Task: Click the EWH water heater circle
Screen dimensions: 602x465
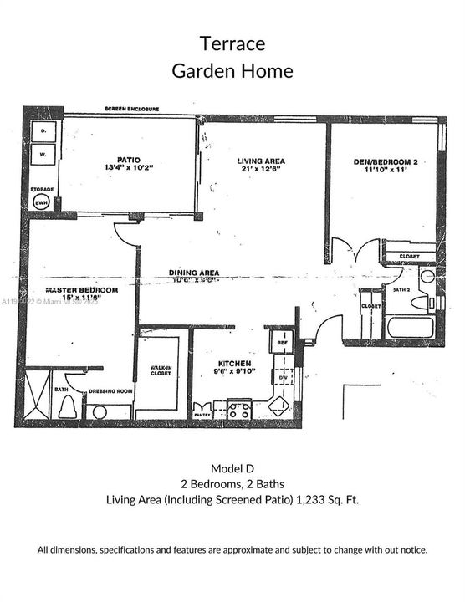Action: pyautogui.click(x=41, y=201)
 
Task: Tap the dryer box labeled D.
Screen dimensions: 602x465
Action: pyautogui.click(x=42, y=130)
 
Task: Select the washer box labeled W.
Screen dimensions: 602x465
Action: pyautogui.click(x=42, y=155)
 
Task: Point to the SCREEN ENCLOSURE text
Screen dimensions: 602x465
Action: pyautogui.click(x=132, y=110)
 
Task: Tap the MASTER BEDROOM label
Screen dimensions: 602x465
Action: pyautogui.click(x=82, y=290)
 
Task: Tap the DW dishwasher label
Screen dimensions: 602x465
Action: pyautogui.click(x=284, y=377)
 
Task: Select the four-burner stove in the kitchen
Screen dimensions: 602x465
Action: pyautogui.click(x=239, y=410)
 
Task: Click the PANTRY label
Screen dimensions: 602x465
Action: pyautogui.click(x=202, y=415)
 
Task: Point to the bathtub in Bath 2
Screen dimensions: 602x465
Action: pyautogui.click(x=410, y=326)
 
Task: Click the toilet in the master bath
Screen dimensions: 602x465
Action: pyautogui.click(x=68, y=406)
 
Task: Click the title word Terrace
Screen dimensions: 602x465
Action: pyautogui.click(x=232, y=42)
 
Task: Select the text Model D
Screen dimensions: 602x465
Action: pyautogui.click(x=232, y=467)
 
